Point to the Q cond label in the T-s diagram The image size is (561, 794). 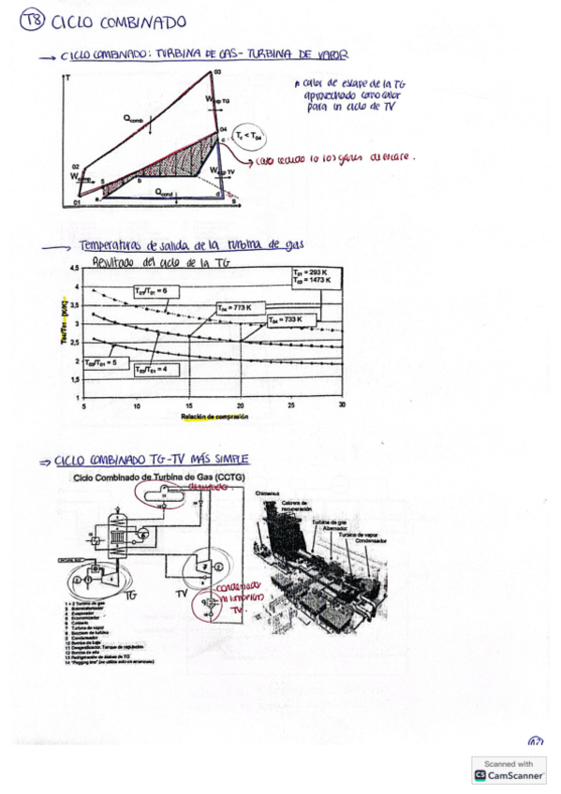tap(164, 193)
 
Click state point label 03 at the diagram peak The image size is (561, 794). tap(217, 73)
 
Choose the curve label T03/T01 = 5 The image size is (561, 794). tap(100, 361)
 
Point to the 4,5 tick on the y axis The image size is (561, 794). tap(74, 269)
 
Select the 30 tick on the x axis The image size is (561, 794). tap(341, 405)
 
